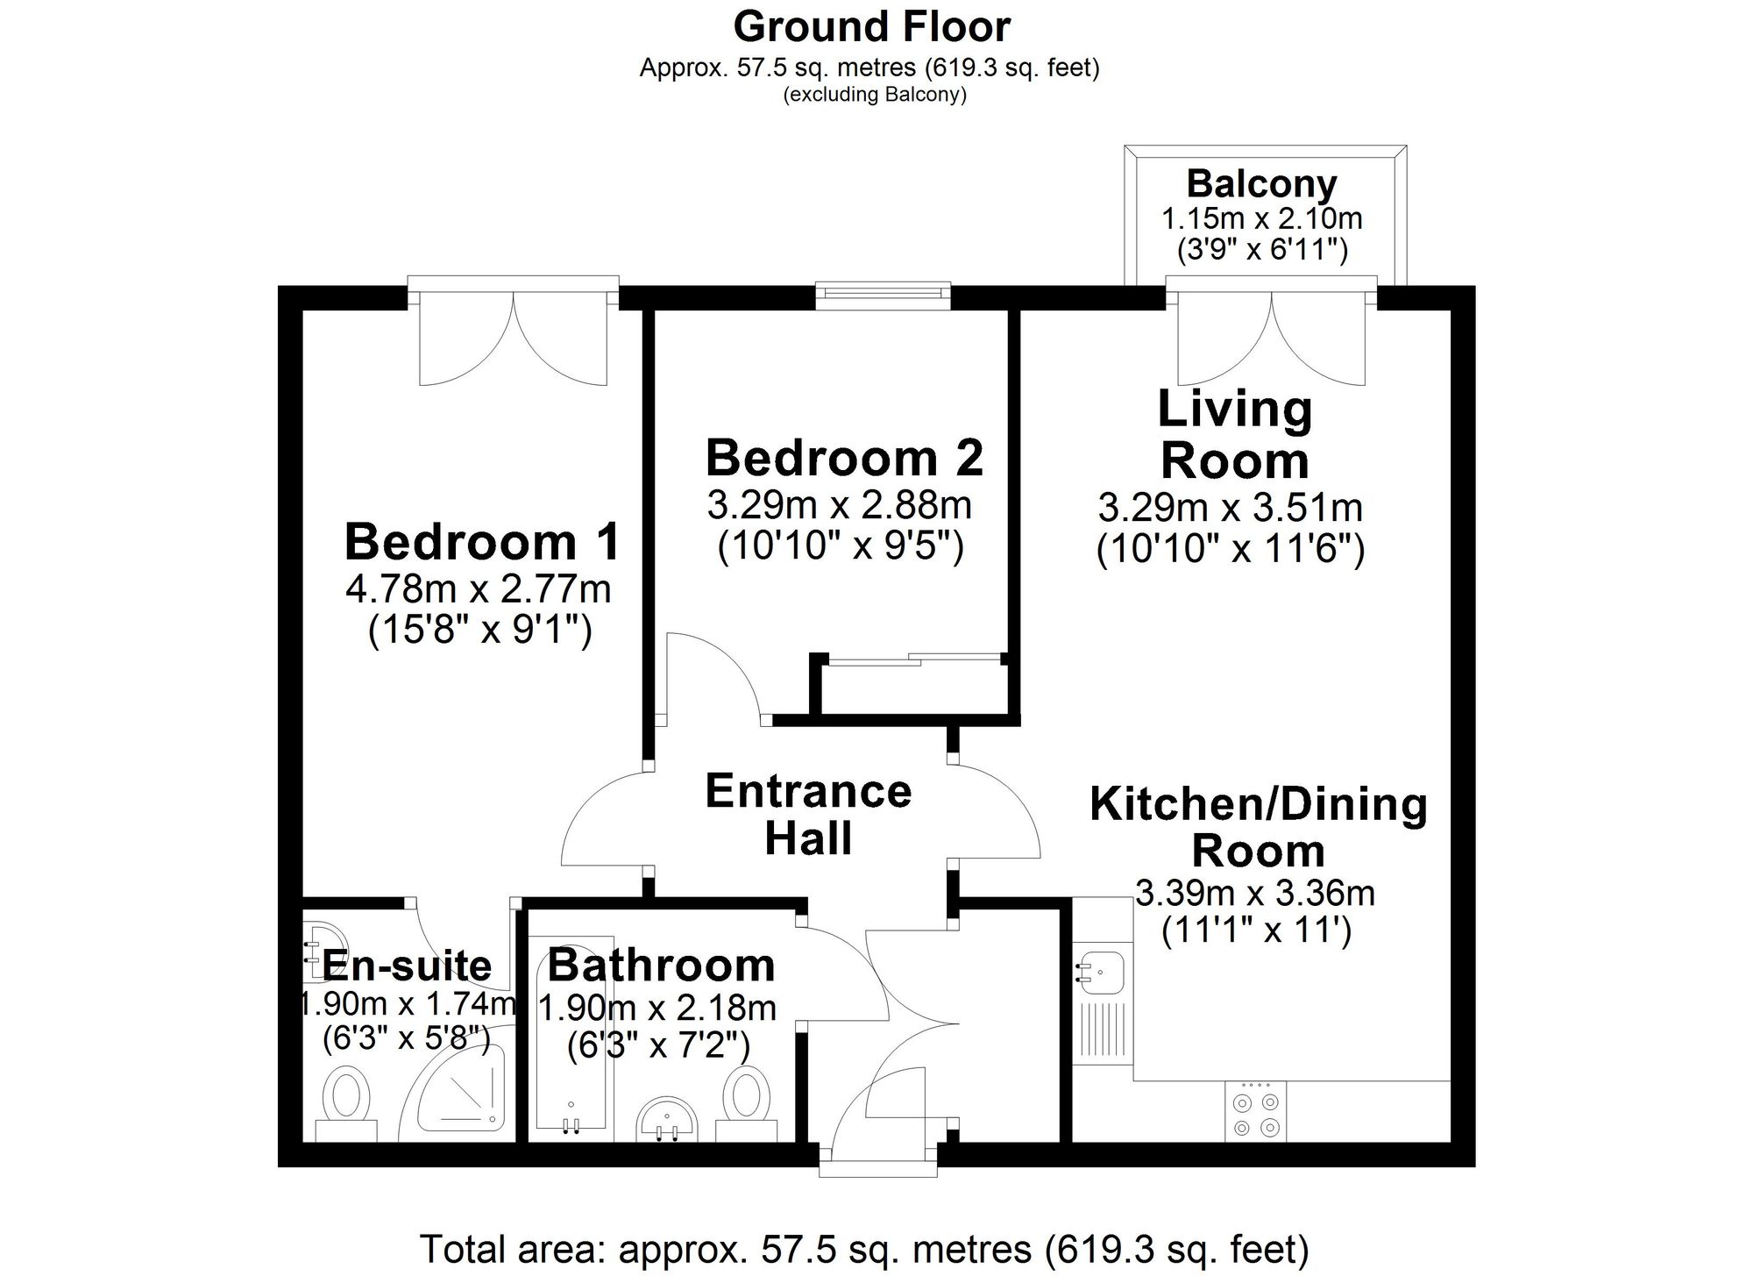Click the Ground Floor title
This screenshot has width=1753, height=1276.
872,27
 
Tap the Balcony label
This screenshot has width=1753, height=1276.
1261,184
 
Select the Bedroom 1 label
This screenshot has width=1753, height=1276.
482,541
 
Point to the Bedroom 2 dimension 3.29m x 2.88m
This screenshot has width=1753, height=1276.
839,505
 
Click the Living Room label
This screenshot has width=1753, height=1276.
1235,434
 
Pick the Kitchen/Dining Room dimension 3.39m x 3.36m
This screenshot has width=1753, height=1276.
1255,893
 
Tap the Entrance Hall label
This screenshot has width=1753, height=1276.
808,815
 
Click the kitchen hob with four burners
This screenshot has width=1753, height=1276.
1255,1111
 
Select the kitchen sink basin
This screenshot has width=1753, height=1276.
1102,970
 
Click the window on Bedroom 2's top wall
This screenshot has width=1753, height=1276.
883,296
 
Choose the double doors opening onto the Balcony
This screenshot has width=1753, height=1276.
1271,331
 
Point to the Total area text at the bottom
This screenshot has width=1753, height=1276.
864,1250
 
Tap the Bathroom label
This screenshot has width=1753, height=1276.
662,965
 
